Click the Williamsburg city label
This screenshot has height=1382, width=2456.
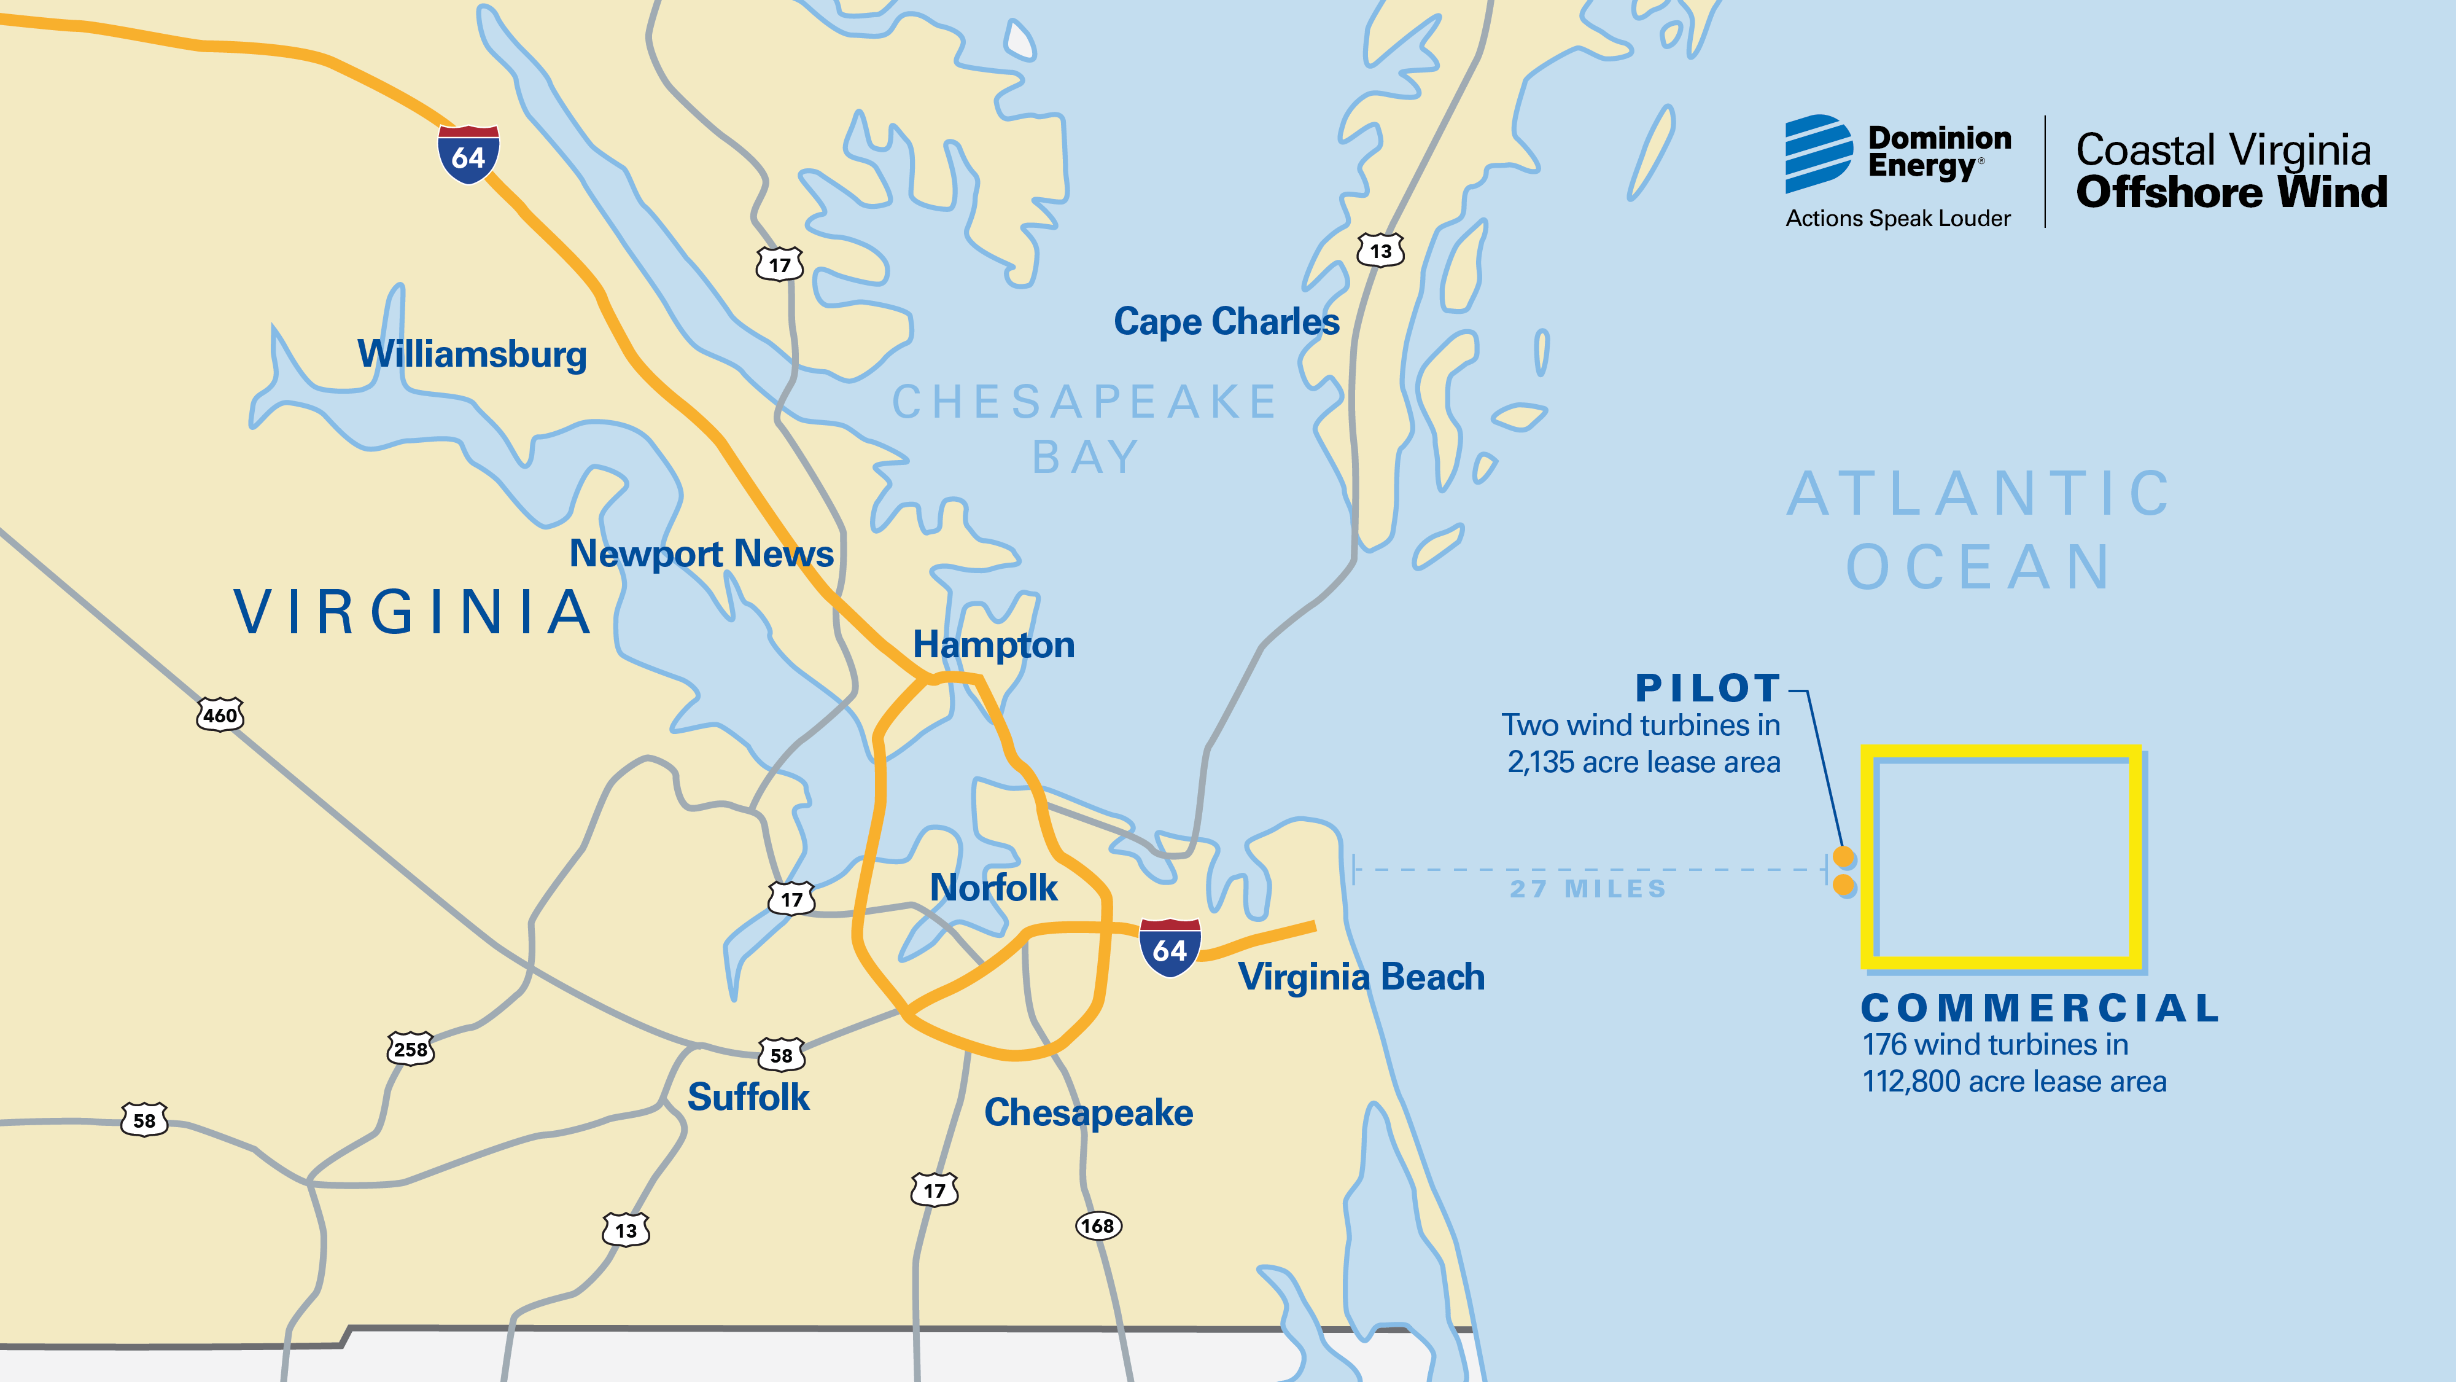pyautogui.click(x=472, y=354)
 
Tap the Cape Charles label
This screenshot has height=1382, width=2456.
pyautogui.click(x=1226, y=321)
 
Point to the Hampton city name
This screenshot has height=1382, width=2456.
pyautogui.click(x=993, y=645)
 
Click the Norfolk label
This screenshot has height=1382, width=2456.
pyautogui.click(x=993, y=888)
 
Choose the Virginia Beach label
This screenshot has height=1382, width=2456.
pyautogui.click(x=1361, y=977)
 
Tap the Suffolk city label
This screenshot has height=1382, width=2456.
pyautogui.click(x=748, y=1097)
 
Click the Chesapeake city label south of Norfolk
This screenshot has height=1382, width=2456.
pyautogui.click(x=1088, y=1113)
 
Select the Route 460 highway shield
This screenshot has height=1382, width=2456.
pyautogui.click(x=220, y=714)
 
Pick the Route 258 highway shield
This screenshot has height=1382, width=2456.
pyautogui.click(x=411, y=1049)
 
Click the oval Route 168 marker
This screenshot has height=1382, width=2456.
pyautogui.click(x=1098, y=1225)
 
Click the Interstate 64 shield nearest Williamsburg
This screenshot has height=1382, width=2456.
pyautogui.click(x=468, y=155)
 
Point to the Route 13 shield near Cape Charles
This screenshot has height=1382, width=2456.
pyautogui.click(x=1380, y=251)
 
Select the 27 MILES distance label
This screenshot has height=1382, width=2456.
pyautogui.click(x=1587, y=889)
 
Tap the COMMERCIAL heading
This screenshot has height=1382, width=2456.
pyautogui.click(x=2040, y=1008)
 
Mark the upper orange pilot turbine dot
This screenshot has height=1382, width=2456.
pyautogui.click(x=1844, y=856)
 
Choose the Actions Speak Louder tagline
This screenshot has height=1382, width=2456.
pyautogui.click(x=1897, y=219)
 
